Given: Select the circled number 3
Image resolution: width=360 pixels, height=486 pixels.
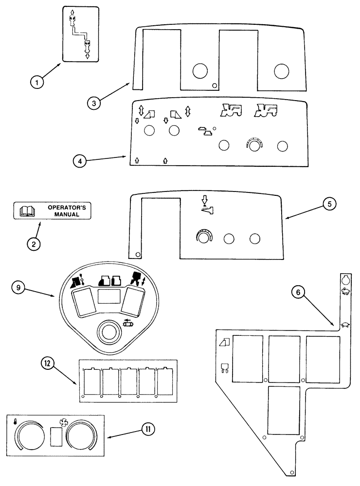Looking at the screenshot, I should coord(95,103).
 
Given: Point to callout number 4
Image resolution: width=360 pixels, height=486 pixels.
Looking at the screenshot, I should coord(81,160).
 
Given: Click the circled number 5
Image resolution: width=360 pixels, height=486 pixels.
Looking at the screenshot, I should coord(329,205).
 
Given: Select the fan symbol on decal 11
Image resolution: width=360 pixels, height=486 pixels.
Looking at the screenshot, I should coord(62,422).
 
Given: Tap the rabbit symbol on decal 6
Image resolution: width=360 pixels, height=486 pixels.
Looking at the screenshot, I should coord(345,292).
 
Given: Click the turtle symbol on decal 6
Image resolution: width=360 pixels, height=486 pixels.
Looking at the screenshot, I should coord(345,325).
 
